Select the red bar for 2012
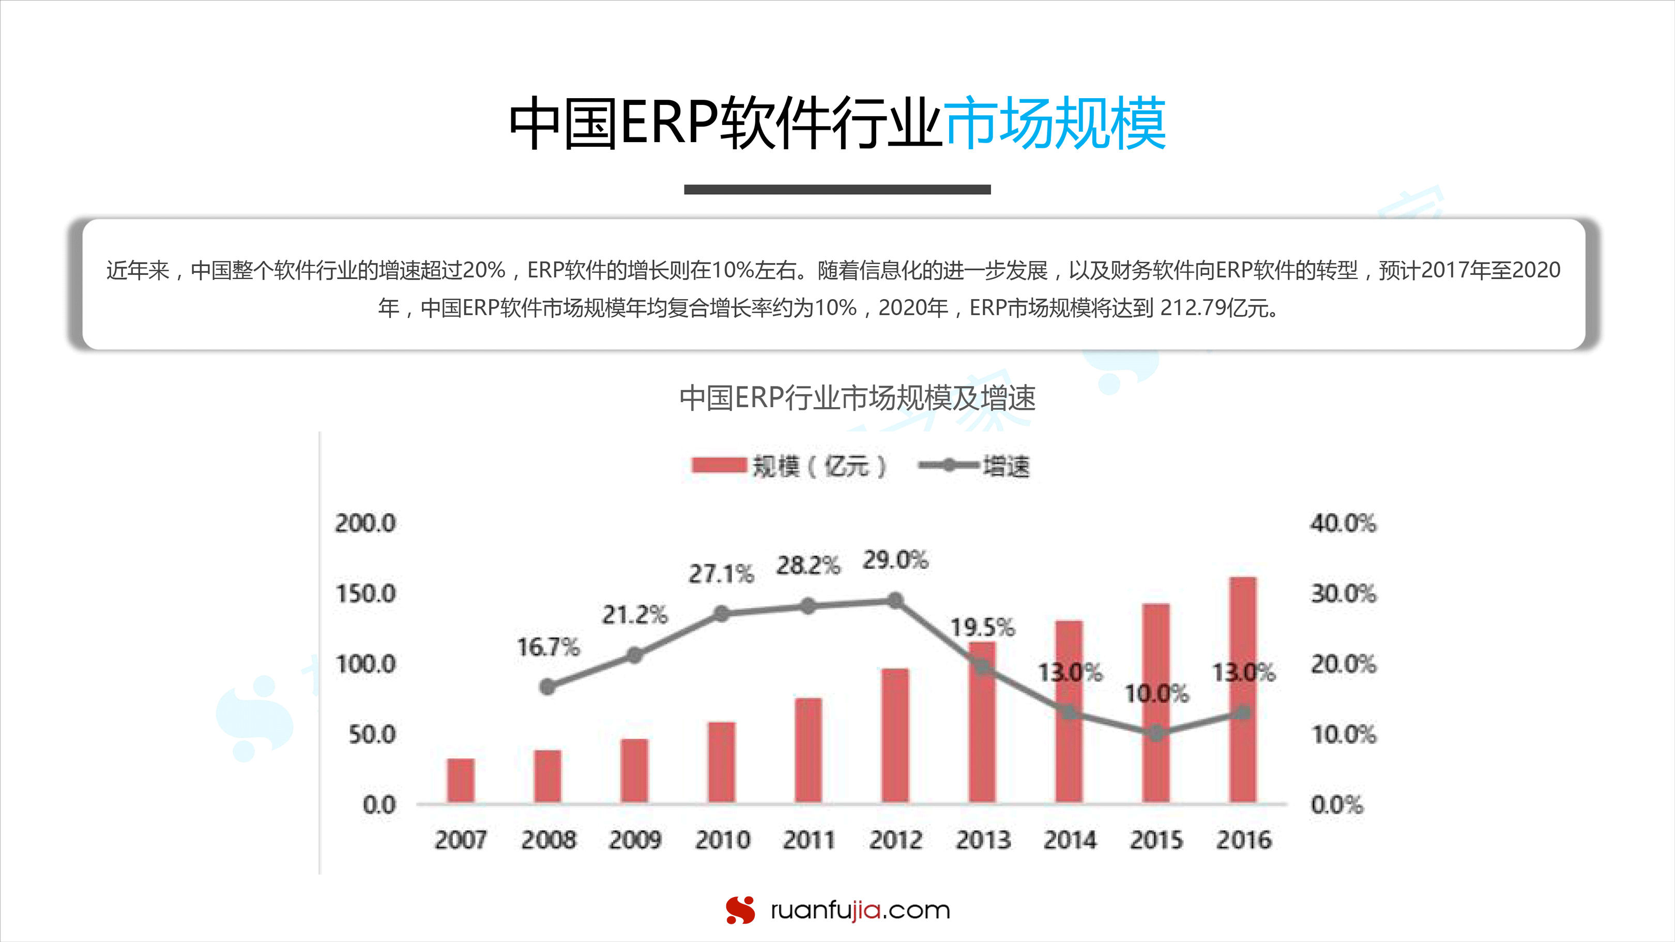pos(895,735)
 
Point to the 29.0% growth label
pos(895,560)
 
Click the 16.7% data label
pos(548,647)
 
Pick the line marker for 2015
pos(1156,734)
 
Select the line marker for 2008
pos(547,687)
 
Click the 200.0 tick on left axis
pos(366,523)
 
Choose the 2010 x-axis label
pos(722,840)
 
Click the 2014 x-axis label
pos(1070,840)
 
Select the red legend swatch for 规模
pos(719,466)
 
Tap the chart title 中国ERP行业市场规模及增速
pos(857,398)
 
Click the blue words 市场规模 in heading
pos(1055,123)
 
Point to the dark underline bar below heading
pos(837,189)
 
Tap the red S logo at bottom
pos(740,909)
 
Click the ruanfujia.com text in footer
pos(860,910)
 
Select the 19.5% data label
pos(982,627)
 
